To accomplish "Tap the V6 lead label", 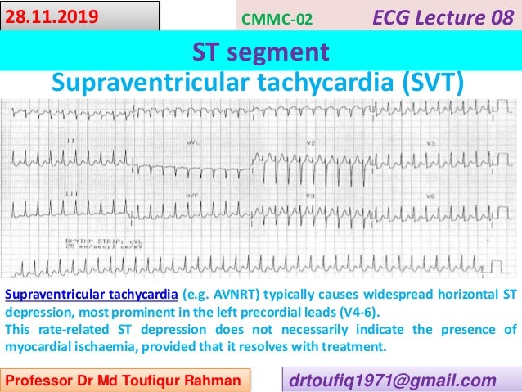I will tap(431, 196).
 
